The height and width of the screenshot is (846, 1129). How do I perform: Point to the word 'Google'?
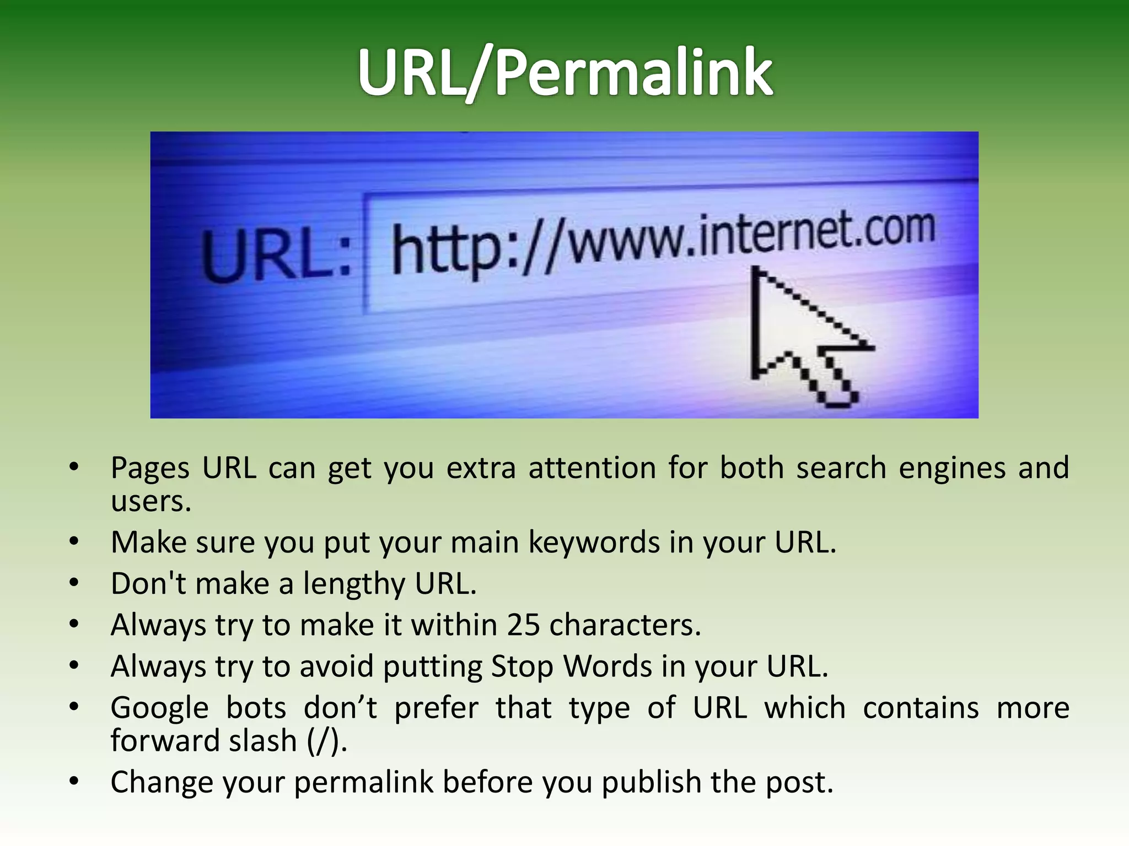coord(159,708)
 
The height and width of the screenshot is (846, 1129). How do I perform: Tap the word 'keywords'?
coord(594,542)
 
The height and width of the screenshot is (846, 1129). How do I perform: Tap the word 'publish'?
coord(651,782)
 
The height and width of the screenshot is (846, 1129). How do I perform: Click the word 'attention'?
coord(592,468)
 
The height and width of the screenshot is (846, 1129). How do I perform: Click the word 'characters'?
coord(624,625)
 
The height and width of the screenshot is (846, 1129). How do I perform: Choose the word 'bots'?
coord(256,708)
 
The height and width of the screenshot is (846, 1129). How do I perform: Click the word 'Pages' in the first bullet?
coord(150,468)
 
